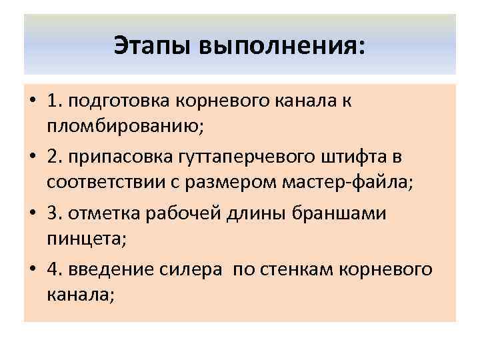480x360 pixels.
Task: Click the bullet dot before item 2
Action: pos(32,157)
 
